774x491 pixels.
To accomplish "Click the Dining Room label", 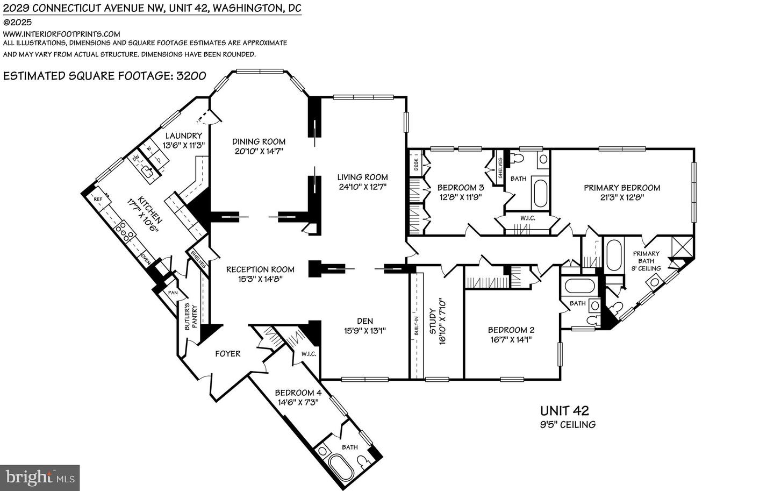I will pos(259,141).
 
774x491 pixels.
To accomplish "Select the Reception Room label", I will pos(260,269).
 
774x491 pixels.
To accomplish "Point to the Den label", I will pos(364,322).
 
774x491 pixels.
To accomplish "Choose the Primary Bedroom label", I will pos(622,188).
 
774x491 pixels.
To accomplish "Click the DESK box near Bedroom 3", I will pos(416,164).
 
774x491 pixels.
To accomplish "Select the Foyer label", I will pos(228,353).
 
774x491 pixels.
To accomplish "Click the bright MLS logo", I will pos(40,477).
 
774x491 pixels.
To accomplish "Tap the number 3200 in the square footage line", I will pos(188,75).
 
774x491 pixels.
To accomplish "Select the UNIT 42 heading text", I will pos(564,411).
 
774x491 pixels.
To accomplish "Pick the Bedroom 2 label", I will pos(511,330).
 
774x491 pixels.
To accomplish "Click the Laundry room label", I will pos(184,136).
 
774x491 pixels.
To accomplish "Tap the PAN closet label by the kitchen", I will pos(173,293).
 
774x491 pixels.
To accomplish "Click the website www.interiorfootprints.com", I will pos(62,33).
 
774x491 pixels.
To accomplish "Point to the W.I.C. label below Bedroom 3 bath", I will pos(527,218).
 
